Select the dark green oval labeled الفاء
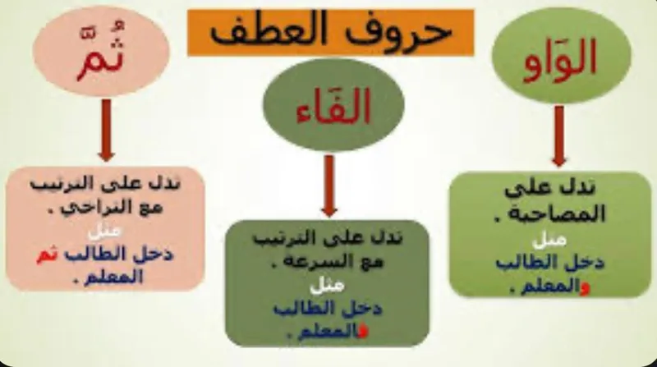pos(333,103)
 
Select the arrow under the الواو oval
pos(558,135)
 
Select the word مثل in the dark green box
pos(327,287)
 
